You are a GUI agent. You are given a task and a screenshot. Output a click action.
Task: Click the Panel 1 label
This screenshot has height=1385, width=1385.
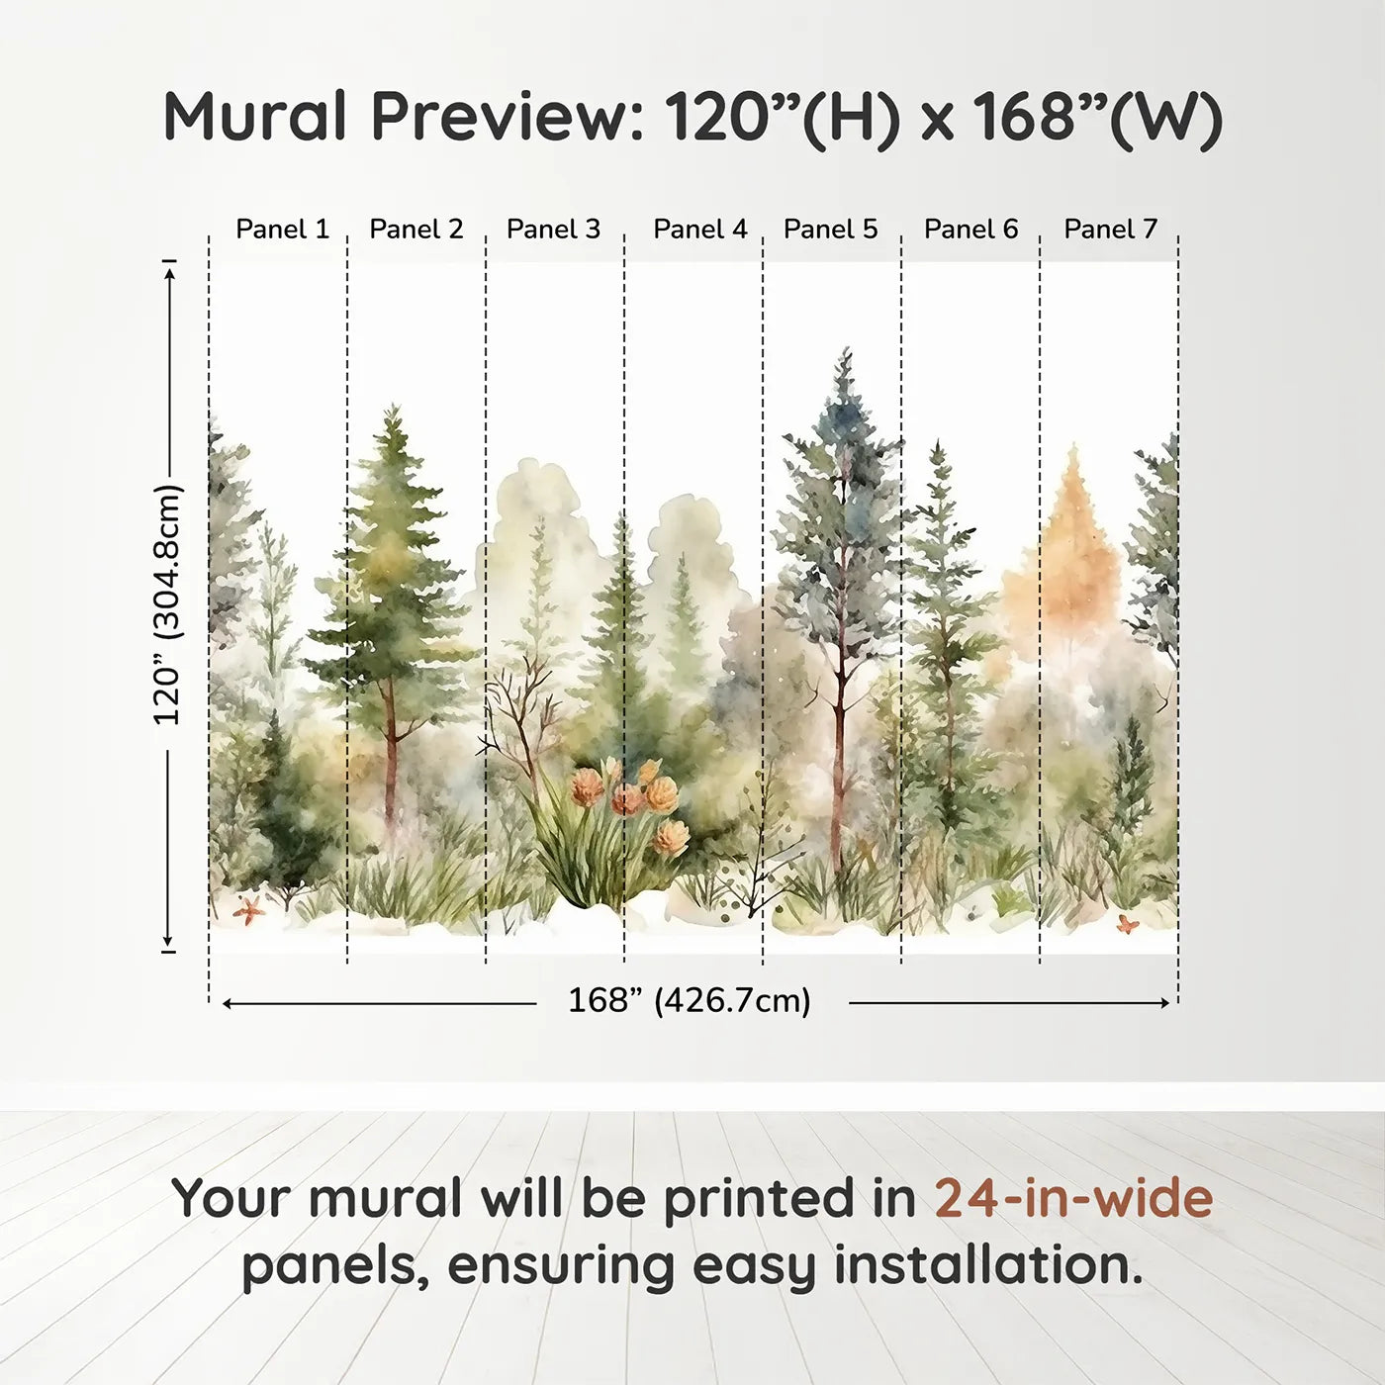[282, 230]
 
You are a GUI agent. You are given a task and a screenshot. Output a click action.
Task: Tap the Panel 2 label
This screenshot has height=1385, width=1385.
[415, 230]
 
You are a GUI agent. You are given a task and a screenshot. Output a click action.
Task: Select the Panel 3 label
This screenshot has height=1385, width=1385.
[553, 230]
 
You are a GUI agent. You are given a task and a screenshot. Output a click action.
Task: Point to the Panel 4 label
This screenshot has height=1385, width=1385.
[699, 230]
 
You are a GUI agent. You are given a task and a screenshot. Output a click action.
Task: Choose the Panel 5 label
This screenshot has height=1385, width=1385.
[830, 230]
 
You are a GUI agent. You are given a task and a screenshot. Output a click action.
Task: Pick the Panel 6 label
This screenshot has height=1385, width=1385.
[970, 230]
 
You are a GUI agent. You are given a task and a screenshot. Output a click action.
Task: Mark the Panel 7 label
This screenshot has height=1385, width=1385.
[1110, 230]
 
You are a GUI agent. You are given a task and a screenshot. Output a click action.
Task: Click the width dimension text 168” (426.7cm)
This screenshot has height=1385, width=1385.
[689, 1001]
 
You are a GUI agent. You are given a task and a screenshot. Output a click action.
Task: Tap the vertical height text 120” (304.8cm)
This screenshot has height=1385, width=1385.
[167, 604]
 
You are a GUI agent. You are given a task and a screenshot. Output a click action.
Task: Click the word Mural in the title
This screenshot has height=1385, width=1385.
[254, 117]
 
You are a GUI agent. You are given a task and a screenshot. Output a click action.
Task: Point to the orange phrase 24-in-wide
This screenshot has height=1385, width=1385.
[1073, 1198]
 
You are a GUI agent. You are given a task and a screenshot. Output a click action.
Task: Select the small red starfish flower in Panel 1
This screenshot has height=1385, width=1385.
[247, 909]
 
